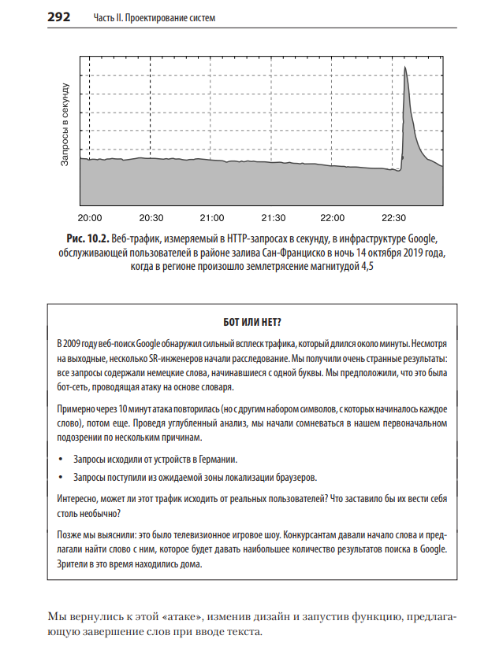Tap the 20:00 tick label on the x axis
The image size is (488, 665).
pyautogui.click(x=91, y=218)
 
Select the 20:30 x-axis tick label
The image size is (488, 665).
pyautogui.click(x=151, y=218)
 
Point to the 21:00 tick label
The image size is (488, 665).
pyautogui.click(x=212, y=218)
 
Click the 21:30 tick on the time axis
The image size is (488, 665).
pyautogui.click(x=273, y=218)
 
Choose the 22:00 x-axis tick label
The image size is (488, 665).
pyautogui.click(x=333, y=218)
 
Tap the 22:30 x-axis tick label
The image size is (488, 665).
pyautogui.click(x=393, y=218)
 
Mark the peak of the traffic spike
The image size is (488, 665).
pyautogui.click(x=404, y=68)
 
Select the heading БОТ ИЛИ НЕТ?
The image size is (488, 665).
pyautogui.click(x=248, y=322)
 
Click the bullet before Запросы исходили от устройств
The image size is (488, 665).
pyautogui.click(x=61, y=459)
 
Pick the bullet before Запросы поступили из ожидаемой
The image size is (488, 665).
pyautogui.click(x=61, y=478)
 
